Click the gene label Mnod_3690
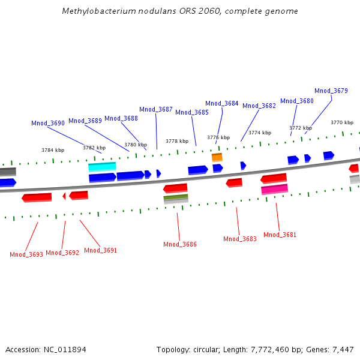[x=48, y=123]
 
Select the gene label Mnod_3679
[x=331, y=91]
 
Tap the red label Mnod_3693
[x=26, y=254]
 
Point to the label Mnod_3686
[x=180, y=244]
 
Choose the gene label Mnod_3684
[x=222, y=103]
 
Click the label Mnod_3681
[x=280, y=235]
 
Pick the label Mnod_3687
[x=156, y=109]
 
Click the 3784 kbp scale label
[x=53, y=150]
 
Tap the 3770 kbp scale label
[x=342, y=122]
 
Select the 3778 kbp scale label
[x=177, y=141]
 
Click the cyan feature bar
[x=102, y=167]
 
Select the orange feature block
[x=217, y=157]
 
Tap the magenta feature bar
[x=274, y=189]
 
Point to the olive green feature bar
[x=176, y=197]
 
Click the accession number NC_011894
[x=64, y=349]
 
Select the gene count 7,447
[x=343, y=349]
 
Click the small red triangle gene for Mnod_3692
[x=64, y=196]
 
